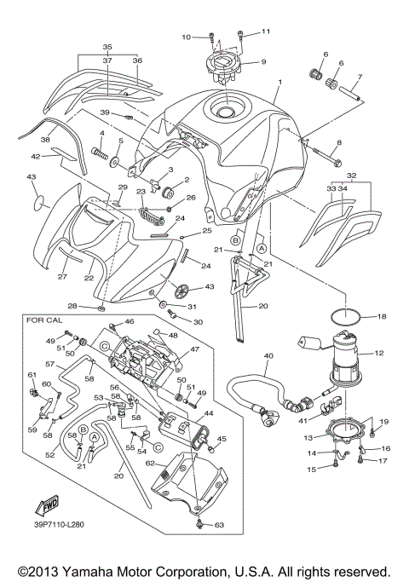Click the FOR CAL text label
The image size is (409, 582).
[45, 321]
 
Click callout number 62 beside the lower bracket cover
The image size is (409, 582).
[149, 464]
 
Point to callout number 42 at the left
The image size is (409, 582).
[35, 157]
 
